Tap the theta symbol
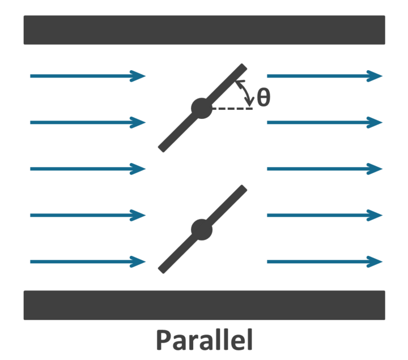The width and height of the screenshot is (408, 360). tap(263, 98)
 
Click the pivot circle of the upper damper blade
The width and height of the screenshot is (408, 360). tap(202, 108)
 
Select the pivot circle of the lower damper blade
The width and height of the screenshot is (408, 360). tap(202, 229)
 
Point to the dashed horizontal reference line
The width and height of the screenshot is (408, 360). tap(232, 108)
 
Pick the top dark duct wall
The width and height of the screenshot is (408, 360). tap(204, 30)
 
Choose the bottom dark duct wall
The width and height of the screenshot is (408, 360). tap(204, 305)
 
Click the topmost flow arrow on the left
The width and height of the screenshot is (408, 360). tap(88, 76)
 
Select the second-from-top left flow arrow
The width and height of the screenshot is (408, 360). tap(88, 122)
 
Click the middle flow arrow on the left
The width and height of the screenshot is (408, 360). tap(88, 169)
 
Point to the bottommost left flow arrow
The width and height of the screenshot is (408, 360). tap(88, 262)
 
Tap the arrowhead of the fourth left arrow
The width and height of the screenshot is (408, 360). tap(138, 215)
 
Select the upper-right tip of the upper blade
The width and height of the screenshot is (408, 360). tap(243, 68)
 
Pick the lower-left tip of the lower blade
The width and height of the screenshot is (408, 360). tap(162, 269)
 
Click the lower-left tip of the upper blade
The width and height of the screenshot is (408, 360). tap(163, 148)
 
